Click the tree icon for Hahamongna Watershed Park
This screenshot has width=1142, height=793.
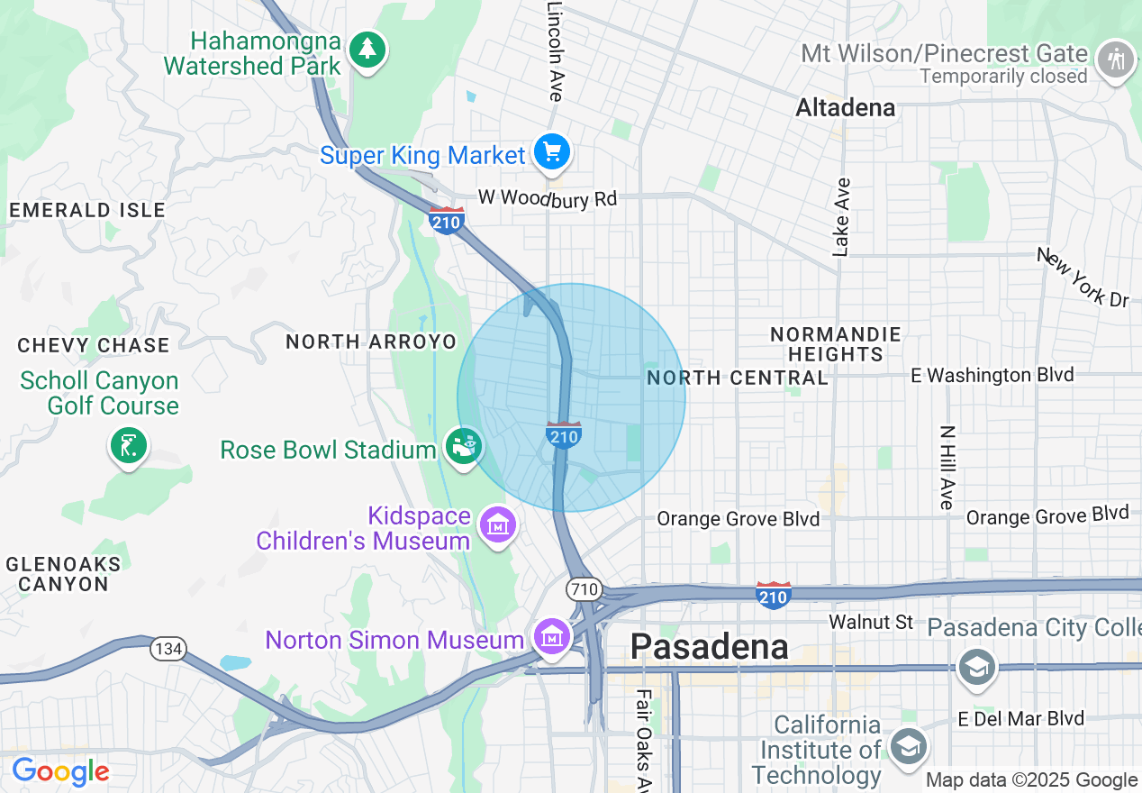point(367,50)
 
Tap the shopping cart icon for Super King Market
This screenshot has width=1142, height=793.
point(551,151)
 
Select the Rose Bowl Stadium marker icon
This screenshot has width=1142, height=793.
point(464,447)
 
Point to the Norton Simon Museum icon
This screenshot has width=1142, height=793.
point(551,637)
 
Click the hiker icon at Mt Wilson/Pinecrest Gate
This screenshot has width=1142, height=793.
point(1117,60)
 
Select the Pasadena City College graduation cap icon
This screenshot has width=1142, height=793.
point(975,668)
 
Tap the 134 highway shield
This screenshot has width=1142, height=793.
point(168,649)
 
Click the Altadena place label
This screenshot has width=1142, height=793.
point(845,108)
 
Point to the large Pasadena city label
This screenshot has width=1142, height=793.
point(710,646)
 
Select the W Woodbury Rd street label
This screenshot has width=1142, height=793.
point(547,197)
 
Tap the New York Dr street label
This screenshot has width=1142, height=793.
point(1083,278)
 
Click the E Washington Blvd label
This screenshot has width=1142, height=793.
point(992,375)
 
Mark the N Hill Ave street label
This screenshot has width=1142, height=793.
point(946,467)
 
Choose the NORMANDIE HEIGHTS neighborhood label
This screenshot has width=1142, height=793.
point(835,344)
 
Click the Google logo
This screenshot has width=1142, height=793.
point(60,771)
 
